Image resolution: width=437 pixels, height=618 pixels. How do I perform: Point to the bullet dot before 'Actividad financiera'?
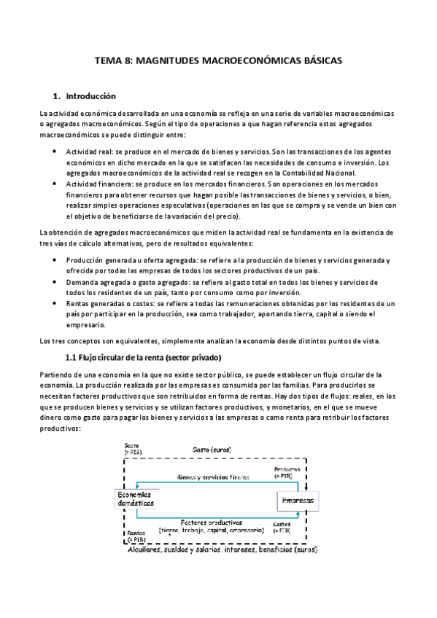[x=55, y=184]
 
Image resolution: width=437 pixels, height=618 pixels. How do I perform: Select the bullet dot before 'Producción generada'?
[x=55, y=259]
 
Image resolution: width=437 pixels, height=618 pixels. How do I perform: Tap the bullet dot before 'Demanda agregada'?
[x=55, y=281]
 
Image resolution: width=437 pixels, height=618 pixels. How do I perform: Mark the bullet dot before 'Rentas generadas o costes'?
[x=55, y=303]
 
